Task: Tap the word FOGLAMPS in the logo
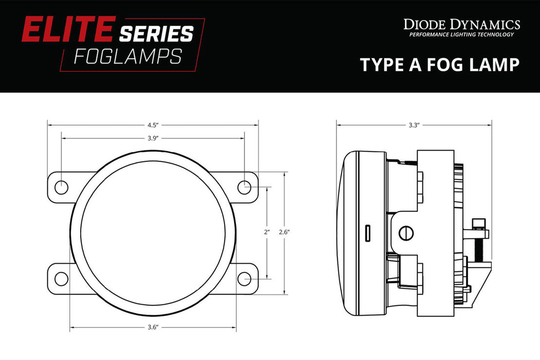[128, 56]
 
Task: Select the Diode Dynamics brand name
[462, 24]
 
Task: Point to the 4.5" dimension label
[152, 125]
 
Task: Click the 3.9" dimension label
[152, 138]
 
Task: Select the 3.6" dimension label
[152, 327]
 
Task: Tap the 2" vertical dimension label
[266, 233]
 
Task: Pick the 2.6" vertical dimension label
[284, 233]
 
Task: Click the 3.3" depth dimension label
[413, 125]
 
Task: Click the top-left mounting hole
[61, 187]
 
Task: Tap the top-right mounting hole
[244, 187]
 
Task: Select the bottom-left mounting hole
[61, 279]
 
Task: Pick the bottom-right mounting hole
[244, 279]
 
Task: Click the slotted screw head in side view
[406, 233]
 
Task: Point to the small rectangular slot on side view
[369, 233]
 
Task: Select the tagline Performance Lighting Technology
[461, 35]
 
